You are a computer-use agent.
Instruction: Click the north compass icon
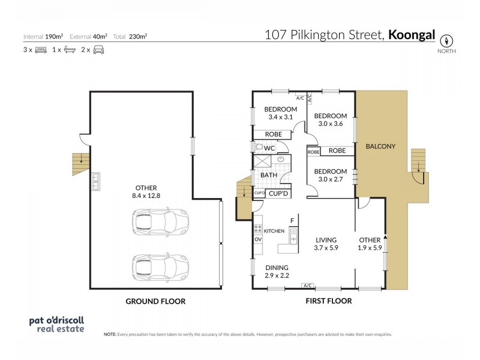(x=446, y=41)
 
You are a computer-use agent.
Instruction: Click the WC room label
(x=269, y=148)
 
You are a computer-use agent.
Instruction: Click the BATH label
(x=268, y=175)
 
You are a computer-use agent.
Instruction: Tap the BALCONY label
(x=380, y=146)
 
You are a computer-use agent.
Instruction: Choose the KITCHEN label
(x=274, y=230)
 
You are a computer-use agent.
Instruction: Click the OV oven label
(x=258, y=239)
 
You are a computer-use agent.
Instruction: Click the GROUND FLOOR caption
(x=155, y=301)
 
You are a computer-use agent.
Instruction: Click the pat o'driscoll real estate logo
(x=57, y=324)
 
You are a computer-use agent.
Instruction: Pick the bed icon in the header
(x=40, y=50)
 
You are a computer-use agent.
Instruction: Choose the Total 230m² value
(x=138, y=36)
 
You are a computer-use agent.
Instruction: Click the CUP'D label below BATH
(x=279, y=194)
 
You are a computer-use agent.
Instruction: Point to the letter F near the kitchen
(x=292, y=221)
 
